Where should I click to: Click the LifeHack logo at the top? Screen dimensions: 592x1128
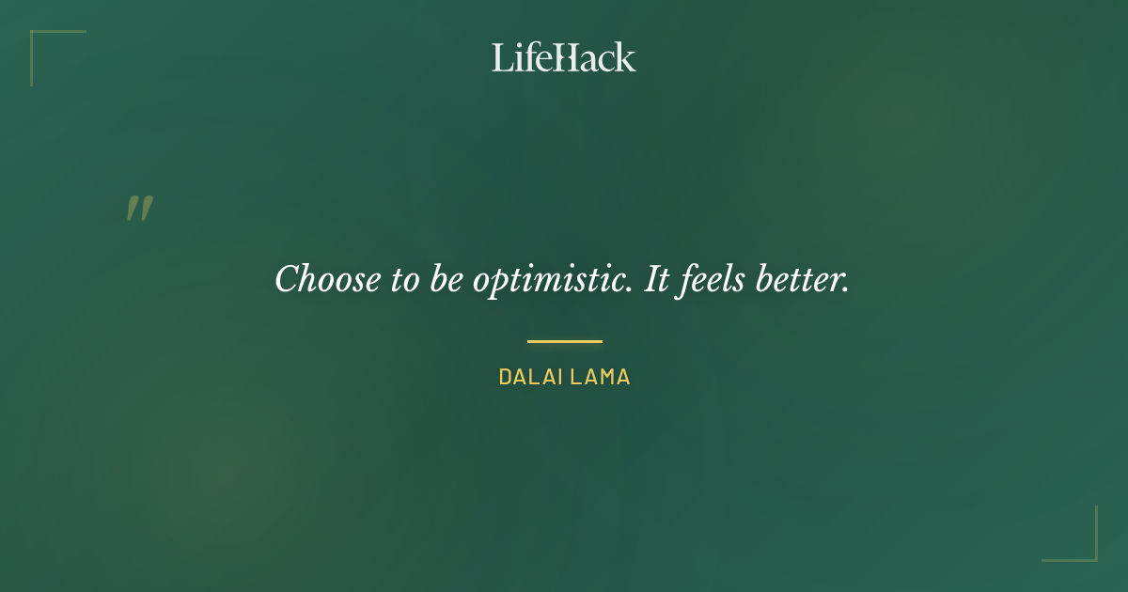point(564,57)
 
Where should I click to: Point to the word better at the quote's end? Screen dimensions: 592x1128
point(803,279)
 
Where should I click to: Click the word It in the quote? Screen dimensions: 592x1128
point(655,279)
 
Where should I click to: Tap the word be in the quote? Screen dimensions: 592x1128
point(443,279)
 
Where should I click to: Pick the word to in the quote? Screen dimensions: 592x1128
point(406,279)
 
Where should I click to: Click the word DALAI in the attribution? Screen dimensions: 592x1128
point(529,378)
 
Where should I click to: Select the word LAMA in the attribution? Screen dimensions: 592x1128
point(599,378)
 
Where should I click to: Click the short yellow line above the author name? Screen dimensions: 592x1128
point(564,341)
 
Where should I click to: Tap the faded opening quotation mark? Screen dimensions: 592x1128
point(139,209)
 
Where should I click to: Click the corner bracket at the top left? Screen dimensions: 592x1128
point(38,38)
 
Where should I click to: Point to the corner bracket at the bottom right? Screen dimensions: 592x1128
point(1090,554)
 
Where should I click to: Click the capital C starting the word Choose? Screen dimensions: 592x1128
point(288,279)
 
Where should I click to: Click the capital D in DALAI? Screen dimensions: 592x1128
point(505,378)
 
